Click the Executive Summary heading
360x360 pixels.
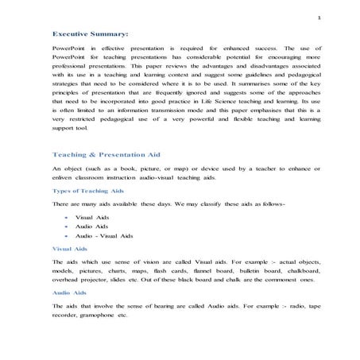pyautogui.click(x=90, y=35)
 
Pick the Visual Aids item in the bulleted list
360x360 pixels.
pyautogui.click(x=92, y=217)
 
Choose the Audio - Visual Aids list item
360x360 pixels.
pyautogui.click(x=103, y=236)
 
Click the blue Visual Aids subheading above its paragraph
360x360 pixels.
pyautogui.click(x=69, y=248)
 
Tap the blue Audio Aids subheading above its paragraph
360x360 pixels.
pyautogui.click(x=69, y=292)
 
